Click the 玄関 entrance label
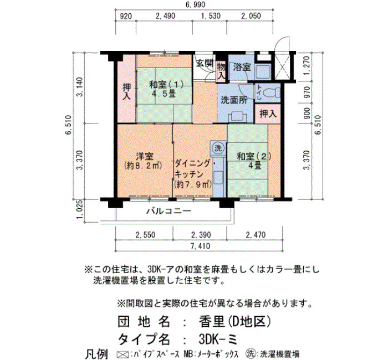click(205, 63)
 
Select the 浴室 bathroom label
click(242, 67)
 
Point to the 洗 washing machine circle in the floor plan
click(218, 148)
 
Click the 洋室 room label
click(145, 156)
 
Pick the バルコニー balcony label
click(169, 211)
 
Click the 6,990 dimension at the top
click(195, 4)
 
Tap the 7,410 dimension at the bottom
click(200, 246)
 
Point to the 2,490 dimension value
click(165, 16)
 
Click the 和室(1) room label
click(166, 85)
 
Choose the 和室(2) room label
click(254, 156)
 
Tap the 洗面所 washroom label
click(234, 100)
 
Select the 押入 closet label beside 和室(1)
click(127, 91)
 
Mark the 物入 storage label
click(221, 71)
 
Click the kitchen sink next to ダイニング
click(218, 178)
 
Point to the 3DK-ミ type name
click(218, 339)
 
